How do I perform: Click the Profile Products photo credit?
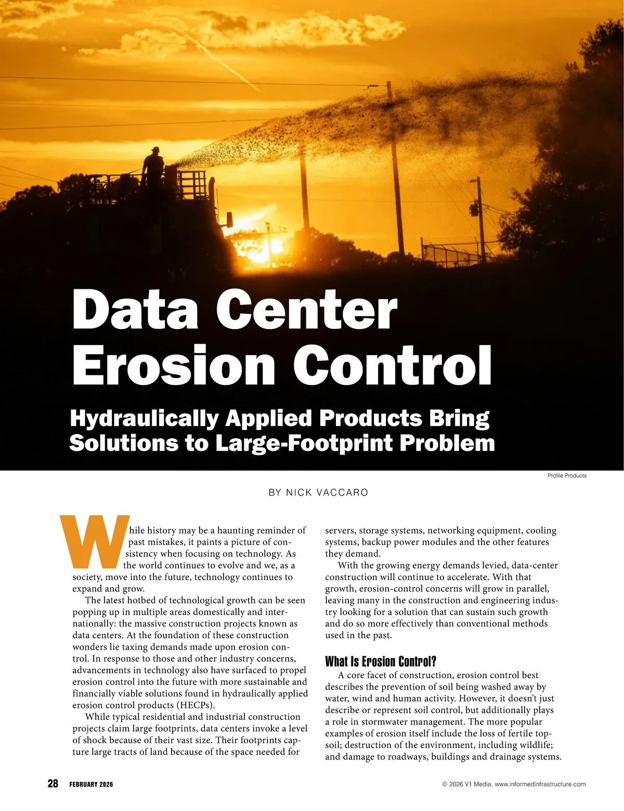point(567,476)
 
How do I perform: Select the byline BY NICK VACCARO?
point(318,492)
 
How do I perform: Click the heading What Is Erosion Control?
point(381,662)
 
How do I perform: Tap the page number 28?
point(53,784)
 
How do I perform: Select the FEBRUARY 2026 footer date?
point(91,784)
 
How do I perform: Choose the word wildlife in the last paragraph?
point(536,745)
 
